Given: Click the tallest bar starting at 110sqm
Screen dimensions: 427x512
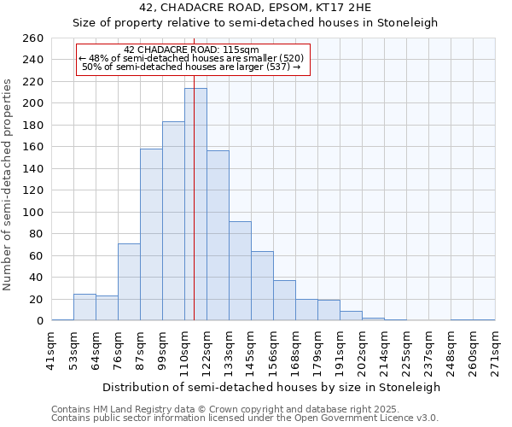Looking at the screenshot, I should click(x=195, y=205).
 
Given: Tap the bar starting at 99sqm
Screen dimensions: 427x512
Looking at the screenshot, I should click(x=173, y=221).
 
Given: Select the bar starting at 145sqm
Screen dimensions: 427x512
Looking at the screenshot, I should click(x=262, y=286).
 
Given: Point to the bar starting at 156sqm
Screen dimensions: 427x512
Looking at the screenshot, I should click(x=284, y=301).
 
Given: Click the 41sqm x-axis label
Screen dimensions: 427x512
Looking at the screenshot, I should click(x=51, y=348).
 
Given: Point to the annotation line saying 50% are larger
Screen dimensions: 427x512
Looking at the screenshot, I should click(x=191, y=67).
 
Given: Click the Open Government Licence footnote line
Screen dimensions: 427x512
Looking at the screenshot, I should click(x=244, y=418).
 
